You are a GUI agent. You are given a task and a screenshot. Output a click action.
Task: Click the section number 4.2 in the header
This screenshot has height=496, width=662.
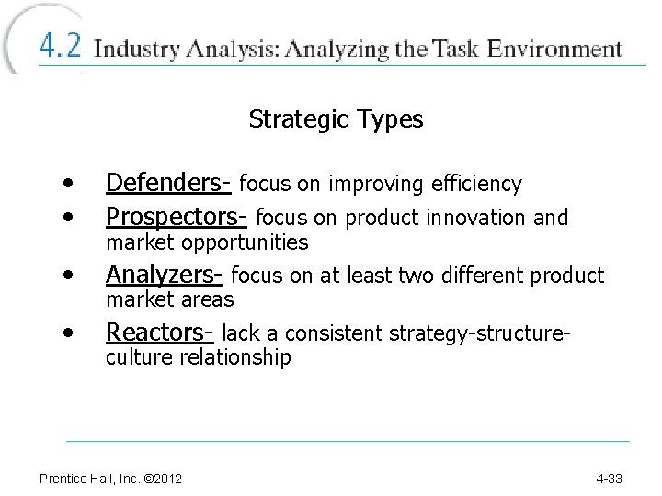pos(59,46)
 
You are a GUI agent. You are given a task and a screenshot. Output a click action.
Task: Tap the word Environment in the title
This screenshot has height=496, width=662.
pos(555,49)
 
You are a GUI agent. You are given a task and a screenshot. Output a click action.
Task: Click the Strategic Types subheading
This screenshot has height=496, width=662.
pos(336,119)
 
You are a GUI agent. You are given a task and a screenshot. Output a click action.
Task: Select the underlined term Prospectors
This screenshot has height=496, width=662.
pos(176,218)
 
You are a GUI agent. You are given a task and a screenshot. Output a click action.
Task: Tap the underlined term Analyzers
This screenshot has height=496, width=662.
pos(164,276)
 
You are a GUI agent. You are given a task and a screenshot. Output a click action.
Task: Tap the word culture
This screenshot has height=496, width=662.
pos(137,357)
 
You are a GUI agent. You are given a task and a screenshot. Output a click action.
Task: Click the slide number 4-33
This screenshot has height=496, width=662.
pos(609,479)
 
